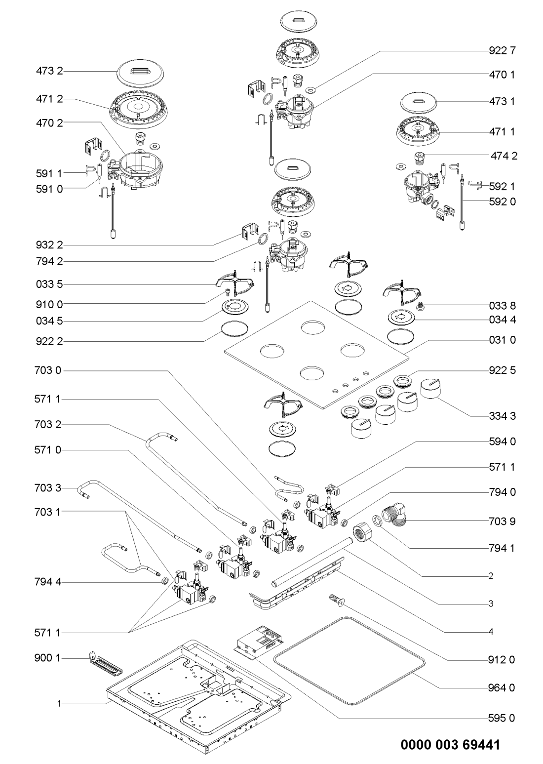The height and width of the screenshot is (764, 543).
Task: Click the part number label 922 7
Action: tap(502, 51)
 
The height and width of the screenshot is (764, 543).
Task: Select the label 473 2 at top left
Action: tap(49, 71)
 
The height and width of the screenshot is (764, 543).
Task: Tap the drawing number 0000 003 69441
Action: tap(450, 745)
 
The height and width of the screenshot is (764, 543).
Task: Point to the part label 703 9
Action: tap(502, 521)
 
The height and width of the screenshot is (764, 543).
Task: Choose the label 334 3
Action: tap(502, 416)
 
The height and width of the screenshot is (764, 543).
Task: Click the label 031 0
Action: tap(502, 340)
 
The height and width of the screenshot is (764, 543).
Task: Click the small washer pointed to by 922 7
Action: tap(310, 90)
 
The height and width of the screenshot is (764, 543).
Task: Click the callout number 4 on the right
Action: tap(491, 632)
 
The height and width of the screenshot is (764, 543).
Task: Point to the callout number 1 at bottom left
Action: tap(59, 703)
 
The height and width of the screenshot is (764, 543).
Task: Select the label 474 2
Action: tap(504, 156)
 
